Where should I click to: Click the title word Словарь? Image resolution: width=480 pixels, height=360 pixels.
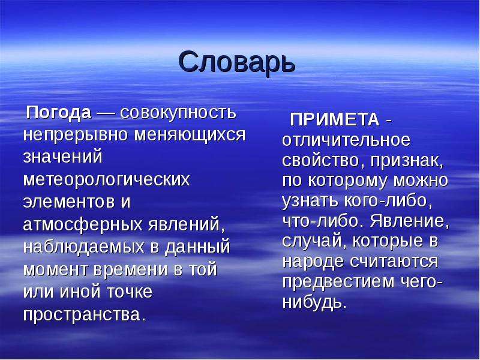coord(238,62)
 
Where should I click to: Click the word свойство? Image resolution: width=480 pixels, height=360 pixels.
coord(319,161)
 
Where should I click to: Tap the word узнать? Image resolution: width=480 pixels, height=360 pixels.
coord(308,201)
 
